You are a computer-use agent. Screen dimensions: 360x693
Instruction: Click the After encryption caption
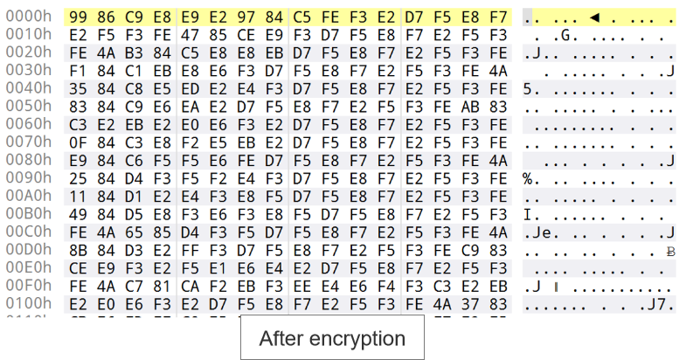click(x=332, y=338)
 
